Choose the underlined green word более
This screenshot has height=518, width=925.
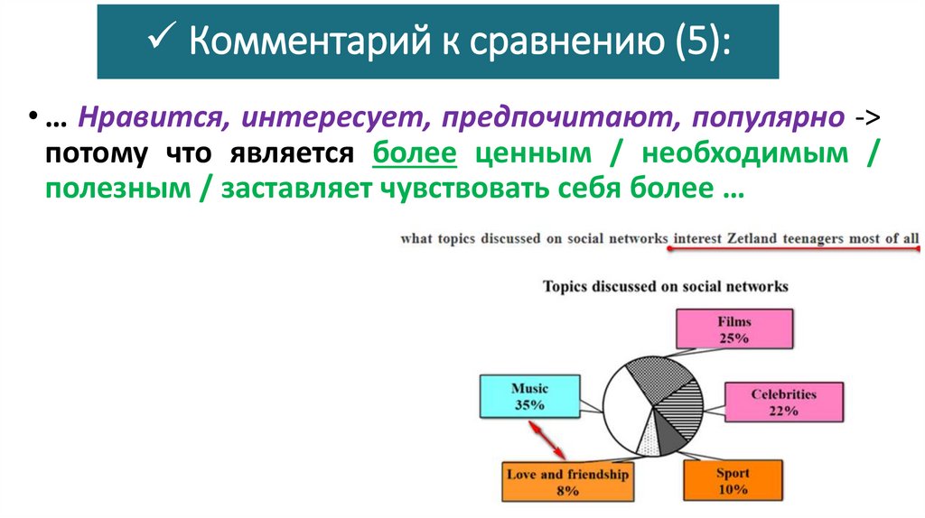click(x=415, y=154)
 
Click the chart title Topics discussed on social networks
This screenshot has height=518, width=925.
click(x=665, y=287)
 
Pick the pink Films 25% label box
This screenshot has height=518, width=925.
click(x=733, y=329)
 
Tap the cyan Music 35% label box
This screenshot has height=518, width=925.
click(x=529, y=396)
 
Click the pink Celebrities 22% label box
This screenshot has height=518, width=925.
click(x=783, y=402)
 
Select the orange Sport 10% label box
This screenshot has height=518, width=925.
click(x=733, y=480)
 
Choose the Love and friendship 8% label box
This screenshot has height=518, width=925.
click(x=568, y=482)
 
